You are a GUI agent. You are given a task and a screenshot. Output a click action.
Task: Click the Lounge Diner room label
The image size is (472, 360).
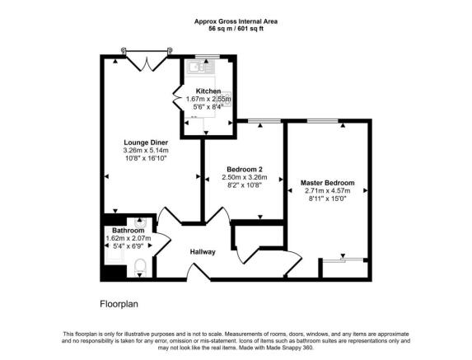(146, 143)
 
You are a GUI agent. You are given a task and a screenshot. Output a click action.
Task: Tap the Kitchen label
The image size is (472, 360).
(208, 91)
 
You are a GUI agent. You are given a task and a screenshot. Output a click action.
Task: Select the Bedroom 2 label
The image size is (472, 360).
(245, 169)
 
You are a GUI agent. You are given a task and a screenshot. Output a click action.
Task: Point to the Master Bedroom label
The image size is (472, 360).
(328, 183)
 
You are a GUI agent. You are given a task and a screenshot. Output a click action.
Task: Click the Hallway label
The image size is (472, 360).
(203, 251)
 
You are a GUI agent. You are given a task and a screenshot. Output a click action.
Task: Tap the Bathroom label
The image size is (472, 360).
(129, 231)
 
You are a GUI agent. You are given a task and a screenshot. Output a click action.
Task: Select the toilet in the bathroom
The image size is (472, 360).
(140, 267)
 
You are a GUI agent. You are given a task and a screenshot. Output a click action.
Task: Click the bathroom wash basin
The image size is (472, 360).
(140, 223)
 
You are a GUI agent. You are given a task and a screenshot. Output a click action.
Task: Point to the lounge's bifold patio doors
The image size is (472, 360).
(147, 61)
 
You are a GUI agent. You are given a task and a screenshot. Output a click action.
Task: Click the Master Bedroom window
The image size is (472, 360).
(322, 121)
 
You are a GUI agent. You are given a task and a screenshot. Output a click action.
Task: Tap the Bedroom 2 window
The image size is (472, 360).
(264, 121)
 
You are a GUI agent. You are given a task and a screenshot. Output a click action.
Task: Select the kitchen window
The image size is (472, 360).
(208, 57)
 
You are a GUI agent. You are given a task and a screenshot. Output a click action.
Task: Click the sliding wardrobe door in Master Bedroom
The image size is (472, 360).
(343, 259)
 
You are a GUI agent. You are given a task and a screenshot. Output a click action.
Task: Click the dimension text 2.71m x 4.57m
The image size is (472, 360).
(328, 190)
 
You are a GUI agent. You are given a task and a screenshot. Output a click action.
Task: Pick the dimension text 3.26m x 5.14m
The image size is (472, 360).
(146, 150)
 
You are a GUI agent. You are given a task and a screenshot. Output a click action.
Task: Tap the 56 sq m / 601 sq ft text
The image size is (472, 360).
(236, 29)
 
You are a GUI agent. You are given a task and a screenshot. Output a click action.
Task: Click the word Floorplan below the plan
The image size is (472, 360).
(119, 304)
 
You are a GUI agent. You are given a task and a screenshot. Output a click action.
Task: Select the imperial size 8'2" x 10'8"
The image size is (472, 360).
(245, 185)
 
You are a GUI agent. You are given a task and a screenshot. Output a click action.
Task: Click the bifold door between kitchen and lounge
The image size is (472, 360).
(177, 97)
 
